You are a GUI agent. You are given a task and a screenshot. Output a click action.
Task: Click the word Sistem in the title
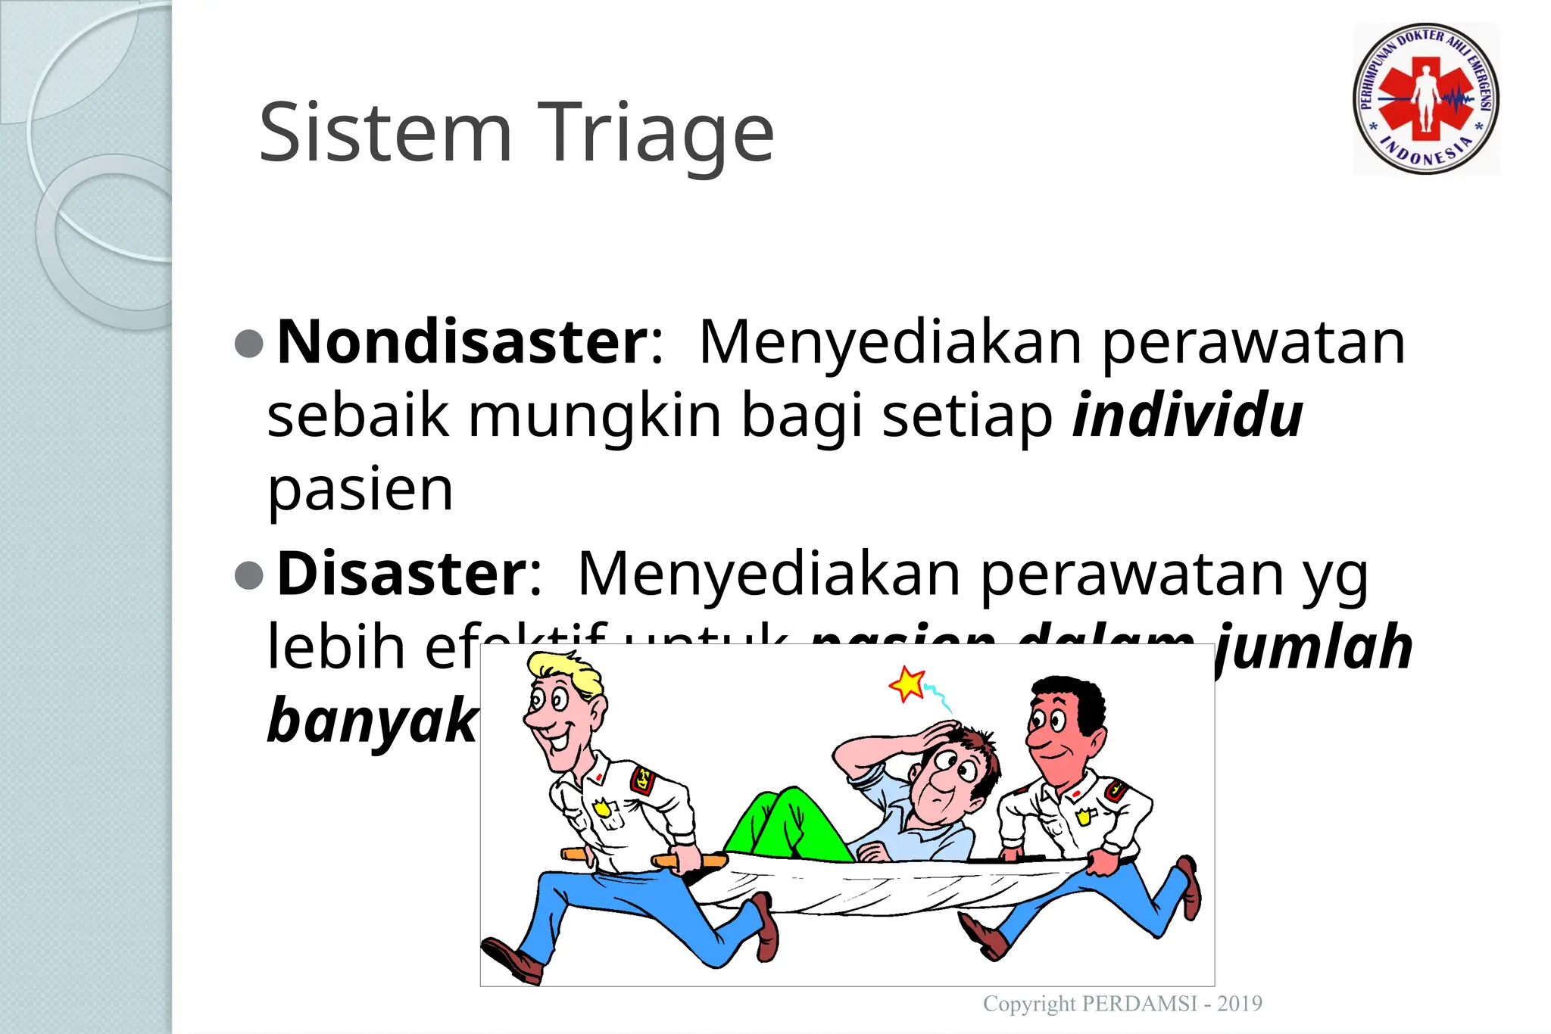[x=385, y=134]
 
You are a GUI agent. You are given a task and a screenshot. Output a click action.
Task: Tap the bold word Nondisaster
[x=461, y=342]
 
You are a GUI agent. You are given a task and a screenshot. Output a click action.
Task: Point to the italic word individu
[x=1187, y=416]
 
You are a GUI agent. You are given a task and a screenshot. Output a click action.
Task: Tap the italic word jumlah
[x=1315, y=647]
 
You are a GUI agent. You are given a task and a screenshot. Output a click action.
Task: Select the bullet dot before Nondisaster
[x=249, y=344]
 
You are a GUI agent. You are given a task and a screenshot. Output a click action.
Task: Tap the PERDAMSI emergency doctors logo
[x=1425, y=99]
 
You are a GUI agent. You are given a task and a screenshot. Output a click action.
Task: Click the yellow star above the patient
[x=907, y=684]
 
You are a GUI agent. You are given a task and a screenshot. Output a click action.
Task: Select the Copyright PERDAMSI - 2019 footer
[x=1122, y=1004]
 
